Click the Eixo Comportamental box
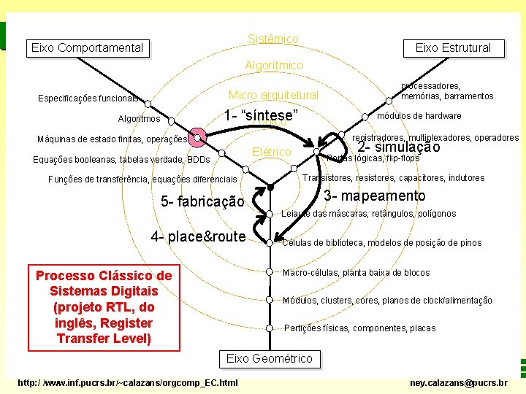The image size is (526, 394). point(87,48)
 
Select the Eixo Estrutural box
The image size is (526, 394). point(453,48)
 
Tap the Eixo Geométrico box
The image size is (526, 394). point(269,358)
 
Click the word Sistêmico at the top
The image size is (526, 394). point(272,39)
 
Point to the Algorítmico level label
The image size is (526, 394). point(273,66)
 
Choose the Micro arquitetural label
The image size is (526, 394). point(273,96)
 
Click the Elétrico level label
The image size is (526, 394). point(271,152)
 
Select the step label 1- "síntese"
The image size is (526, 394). point(261,116)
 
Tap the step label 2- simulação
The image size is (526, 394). point(399,147)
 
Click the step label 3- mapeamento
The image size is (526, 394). point(374,196)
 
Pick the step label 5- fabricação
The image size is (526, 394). point(202,201)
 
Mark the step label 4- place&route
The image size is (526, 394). point(198,236)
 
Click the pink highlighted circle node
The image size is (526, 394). point(197,137)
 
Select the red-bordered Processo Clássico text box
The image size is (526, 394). point(104,307)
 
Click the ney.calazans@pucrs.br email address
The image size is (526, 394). point(458,382)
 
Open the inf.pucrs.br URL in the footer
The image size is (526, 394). point(127,382)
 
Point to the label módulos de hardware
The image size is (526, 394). point(419,116)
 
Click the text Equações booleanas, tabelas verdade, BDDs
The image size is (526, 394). point(122,160)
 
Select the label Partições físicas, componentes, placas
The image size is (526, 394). point(359,328)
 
